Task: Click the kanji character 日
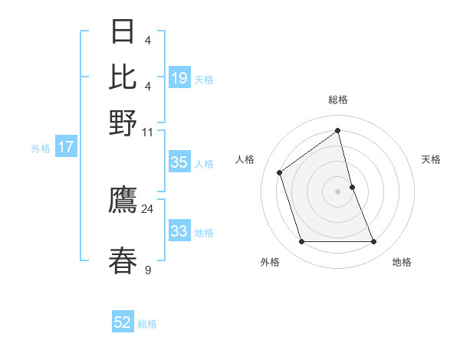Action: click(x=123, y=32)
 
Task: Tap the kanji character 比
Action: click(x=123, y=77)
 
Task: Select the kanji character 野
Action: click(x=123, y=123)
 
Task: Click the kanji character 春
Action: click(x=123, y=260)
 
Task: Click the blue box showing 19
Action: click(x=179, y=78)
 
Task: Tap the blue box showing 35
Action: click(x=179, y=162)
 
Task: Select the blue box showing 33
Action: click(x=179, y=231)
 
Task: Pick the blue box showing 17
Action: click(x=65, y=147)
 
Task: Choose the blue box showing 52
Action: click(x=123, y=323)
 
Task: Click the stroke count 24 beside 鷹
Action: click(x=147, y=208)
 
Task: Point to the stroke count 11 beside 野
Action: click(x=147, y=132)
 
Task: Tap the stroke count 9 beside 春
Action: click(x=147, y=270)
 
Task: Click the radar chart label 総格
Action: click(x=337, y=100)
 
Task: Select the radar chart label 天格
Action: click(x=431, y=159)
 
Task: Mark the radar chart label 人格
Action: click(x=245, y=159)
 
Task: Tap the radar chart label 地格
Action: click(x=402, y=262)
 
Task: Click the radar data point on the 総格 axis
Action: click(x=337, y=130)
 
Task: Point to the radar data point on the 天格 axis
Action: click(x=352, y=186)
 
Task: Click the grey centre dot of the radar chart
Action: click(x=337, y=191)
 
